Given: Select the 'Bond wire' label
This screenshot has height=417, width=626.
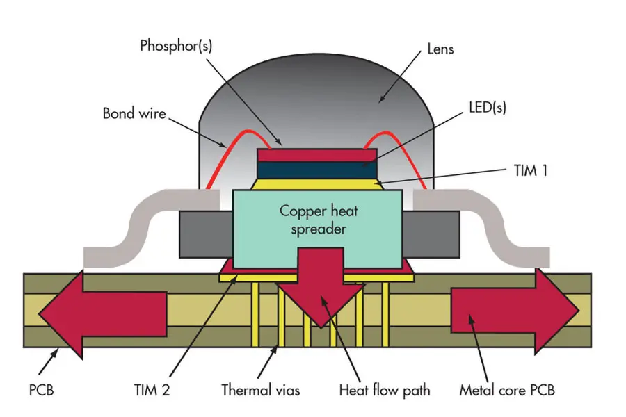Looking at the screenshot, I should [x=134, y=113].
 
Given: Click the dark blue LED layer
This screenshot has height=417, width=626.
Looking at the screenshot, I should [x=316, y=169].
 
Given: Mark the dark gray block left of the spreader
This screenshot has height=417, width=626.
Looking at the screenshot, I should [x=204, y=234].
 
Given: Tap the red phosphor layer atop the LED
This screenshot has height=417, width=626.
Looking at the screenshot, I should [x=316, y=154].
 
